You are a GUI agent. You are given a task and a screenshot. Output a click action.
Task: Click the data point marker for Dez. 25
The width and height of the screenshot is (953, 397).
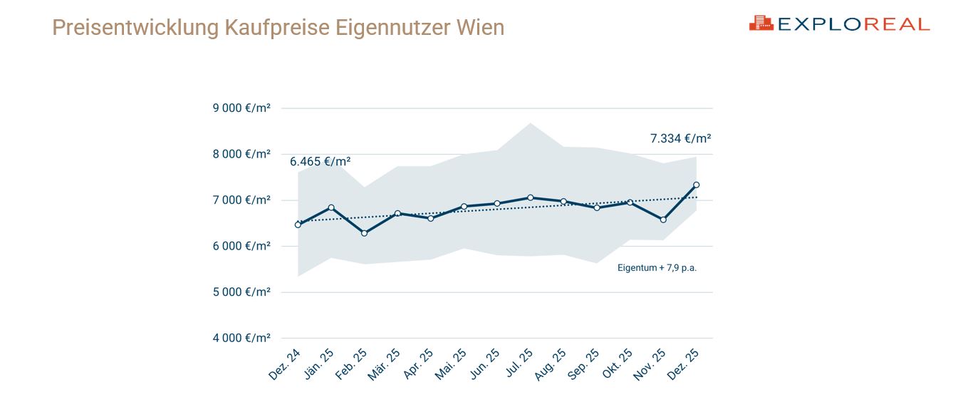696,185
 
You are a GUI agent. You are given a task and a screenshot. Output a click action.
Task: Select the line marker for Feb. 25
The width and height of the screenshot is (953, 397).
365,233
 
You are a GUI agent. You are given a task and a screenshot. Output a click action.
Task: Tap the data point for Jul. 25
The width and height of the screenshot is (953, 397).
530,197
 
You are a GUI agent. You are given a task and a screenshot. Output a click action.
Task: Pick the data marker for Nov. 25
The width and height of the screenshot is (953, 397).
663,220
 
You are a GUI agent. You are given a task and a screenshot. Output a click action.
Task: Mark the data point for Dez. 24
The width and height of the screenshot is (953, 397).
298,225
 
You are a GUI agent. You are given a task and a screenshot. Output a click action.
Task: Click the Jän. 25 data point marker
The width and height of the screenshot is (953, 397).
331,207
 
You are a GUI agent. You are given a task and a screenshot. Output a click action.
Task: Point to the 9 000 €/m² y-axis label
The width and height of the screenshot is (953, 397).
241,108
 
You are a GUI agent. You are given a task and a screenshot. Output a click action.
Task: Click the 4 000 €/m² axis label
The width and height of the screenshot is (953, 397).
241,338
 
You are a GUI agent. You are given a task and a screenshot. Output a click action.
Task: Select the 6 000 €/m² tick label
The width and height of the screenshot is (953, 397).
241,246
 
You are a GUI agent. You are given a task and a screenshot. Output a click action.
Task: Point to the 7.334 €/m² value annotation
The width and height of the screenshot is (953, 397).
680,138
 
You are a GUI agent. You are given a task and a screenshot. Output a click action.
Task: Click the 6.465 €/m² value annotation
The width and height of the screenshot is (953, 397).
320,161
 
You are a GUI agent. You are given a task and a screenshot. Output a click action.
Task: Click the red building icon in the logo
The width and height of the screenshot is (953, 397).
761,24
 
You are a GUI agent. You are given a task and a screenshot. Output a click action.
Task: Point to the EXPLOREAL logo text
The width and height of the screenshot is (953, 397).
853,24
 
